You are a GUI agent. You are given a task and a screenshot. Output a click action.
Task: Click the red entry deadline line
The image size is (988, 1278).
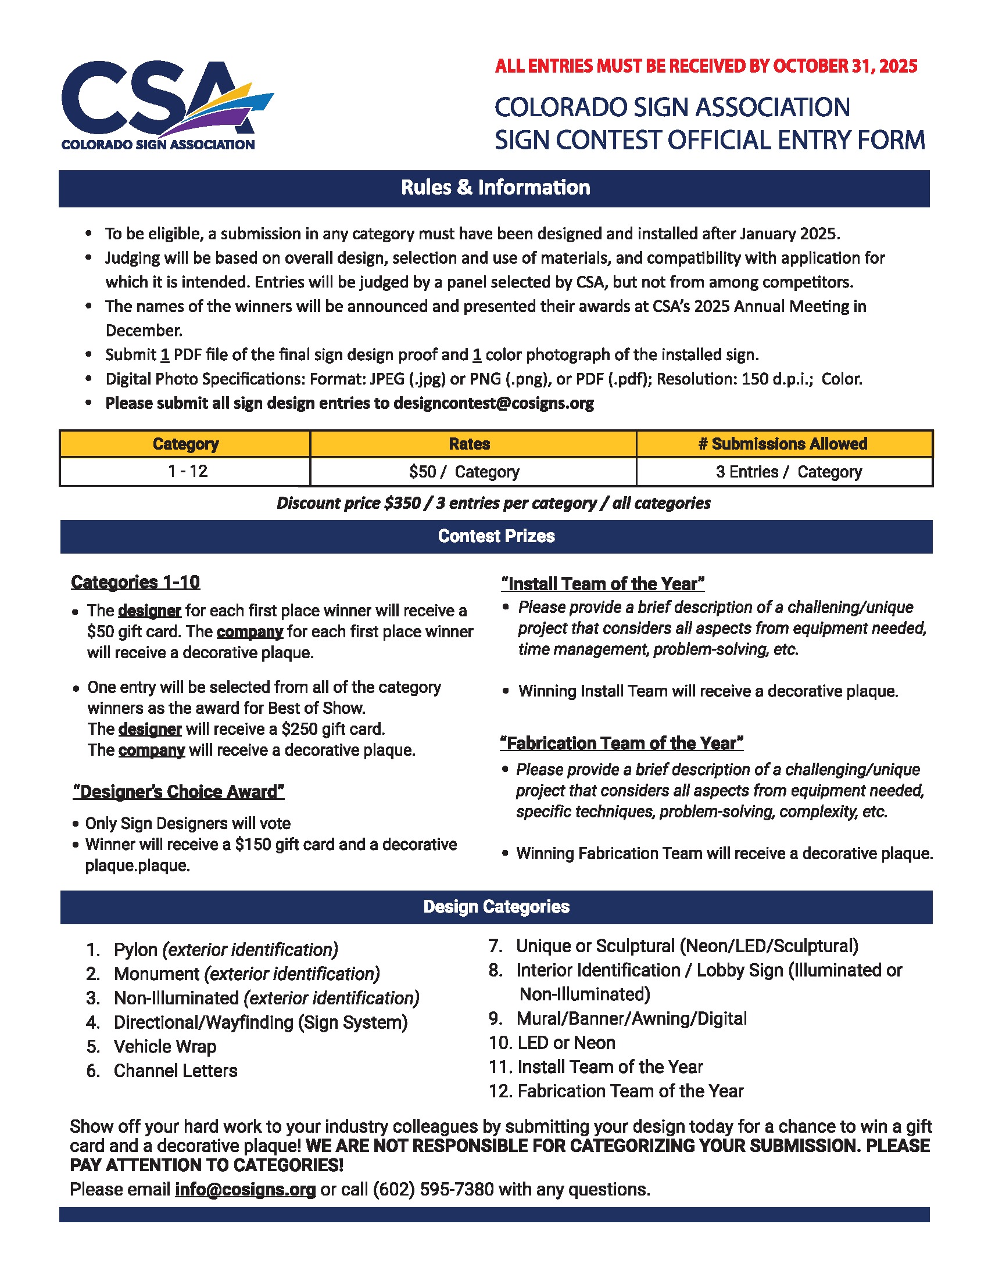tap(706, 66)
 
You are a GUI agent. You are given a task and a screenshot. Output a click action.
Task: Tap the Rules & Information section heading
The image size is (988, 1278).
tap(495, 188)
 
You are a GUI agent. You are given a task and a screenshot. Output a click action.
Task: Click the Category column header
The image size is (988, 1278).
tap(185, 444)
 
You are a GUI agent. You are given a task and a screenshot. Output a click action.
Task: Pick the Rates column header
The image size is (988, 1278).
tap(470, 444)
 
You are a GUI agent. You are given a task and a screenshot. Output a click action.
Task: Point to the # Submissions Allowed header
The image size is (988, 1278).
tap(783, 444)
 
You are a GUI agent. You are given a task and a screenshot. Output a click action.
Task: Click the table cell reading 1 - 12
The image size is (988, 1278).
tap(187, 472)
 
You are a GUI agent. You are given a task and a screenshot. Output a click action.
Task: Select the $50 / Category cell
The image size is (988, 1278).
tap(464, 472)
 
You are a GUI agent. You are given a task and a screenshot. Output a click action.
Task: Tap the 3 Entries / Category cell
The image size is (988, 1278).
tap(789, 472)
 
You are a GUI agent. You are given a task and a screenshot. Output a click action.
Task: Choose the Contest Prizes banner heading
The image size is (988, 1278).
tap(496, 537)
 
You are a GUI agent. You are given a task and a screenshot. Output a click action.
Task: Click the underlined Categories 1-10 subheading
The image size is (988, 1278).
tap(135, 582)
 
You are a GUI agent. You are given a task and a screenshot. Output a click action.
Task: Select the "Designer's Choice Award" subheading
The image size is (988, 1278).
tap(178, 792)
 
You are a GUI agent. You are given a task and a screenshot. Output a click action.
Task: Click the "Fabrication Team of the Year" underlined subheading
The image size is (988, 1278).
tap(621, 743)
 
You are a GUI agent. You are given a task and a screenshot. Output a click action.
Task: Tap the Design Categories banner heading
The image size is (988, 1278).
tap(496, 907)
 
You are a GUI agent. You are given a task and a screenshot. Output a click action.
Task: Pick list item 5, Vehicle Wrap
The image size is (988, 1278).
tap(164, 1046)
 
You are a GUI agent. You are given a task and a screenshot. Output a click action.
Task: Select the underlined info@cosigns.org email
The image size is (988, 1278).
tap(245, 1190)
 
